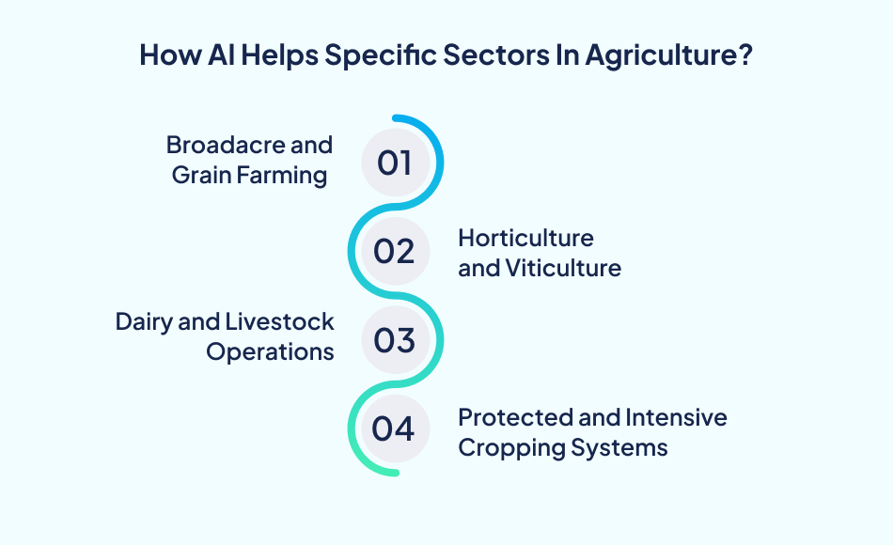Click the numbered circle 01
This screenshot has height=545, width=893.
(x=395, y=163)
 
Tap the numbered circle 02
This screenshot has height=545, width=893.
(x=395, y=251)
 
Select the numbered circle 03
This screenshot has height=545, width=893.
(x=395, y=339)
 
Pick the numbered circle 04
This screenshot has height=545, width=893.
(x=395, y=428)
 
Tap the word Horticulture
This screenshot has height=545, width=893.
(x=525, y=238)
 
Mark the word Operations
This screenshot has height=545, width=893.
(x=271, y=351)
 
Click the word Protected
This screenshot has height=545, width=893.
(x=511, y=416)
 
